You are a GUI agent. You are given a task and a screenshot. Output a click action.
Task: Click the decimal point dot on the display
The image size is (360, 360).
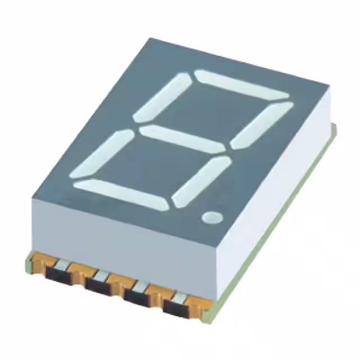coord(212,217)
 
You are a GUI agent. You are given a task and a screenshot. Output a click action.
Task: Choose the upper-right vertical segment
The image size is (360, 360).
coord(261,125)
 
